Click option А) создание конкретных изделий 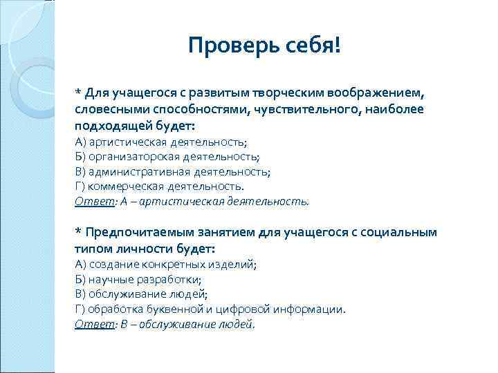165,265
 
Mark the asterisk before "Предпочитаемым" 77,231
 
